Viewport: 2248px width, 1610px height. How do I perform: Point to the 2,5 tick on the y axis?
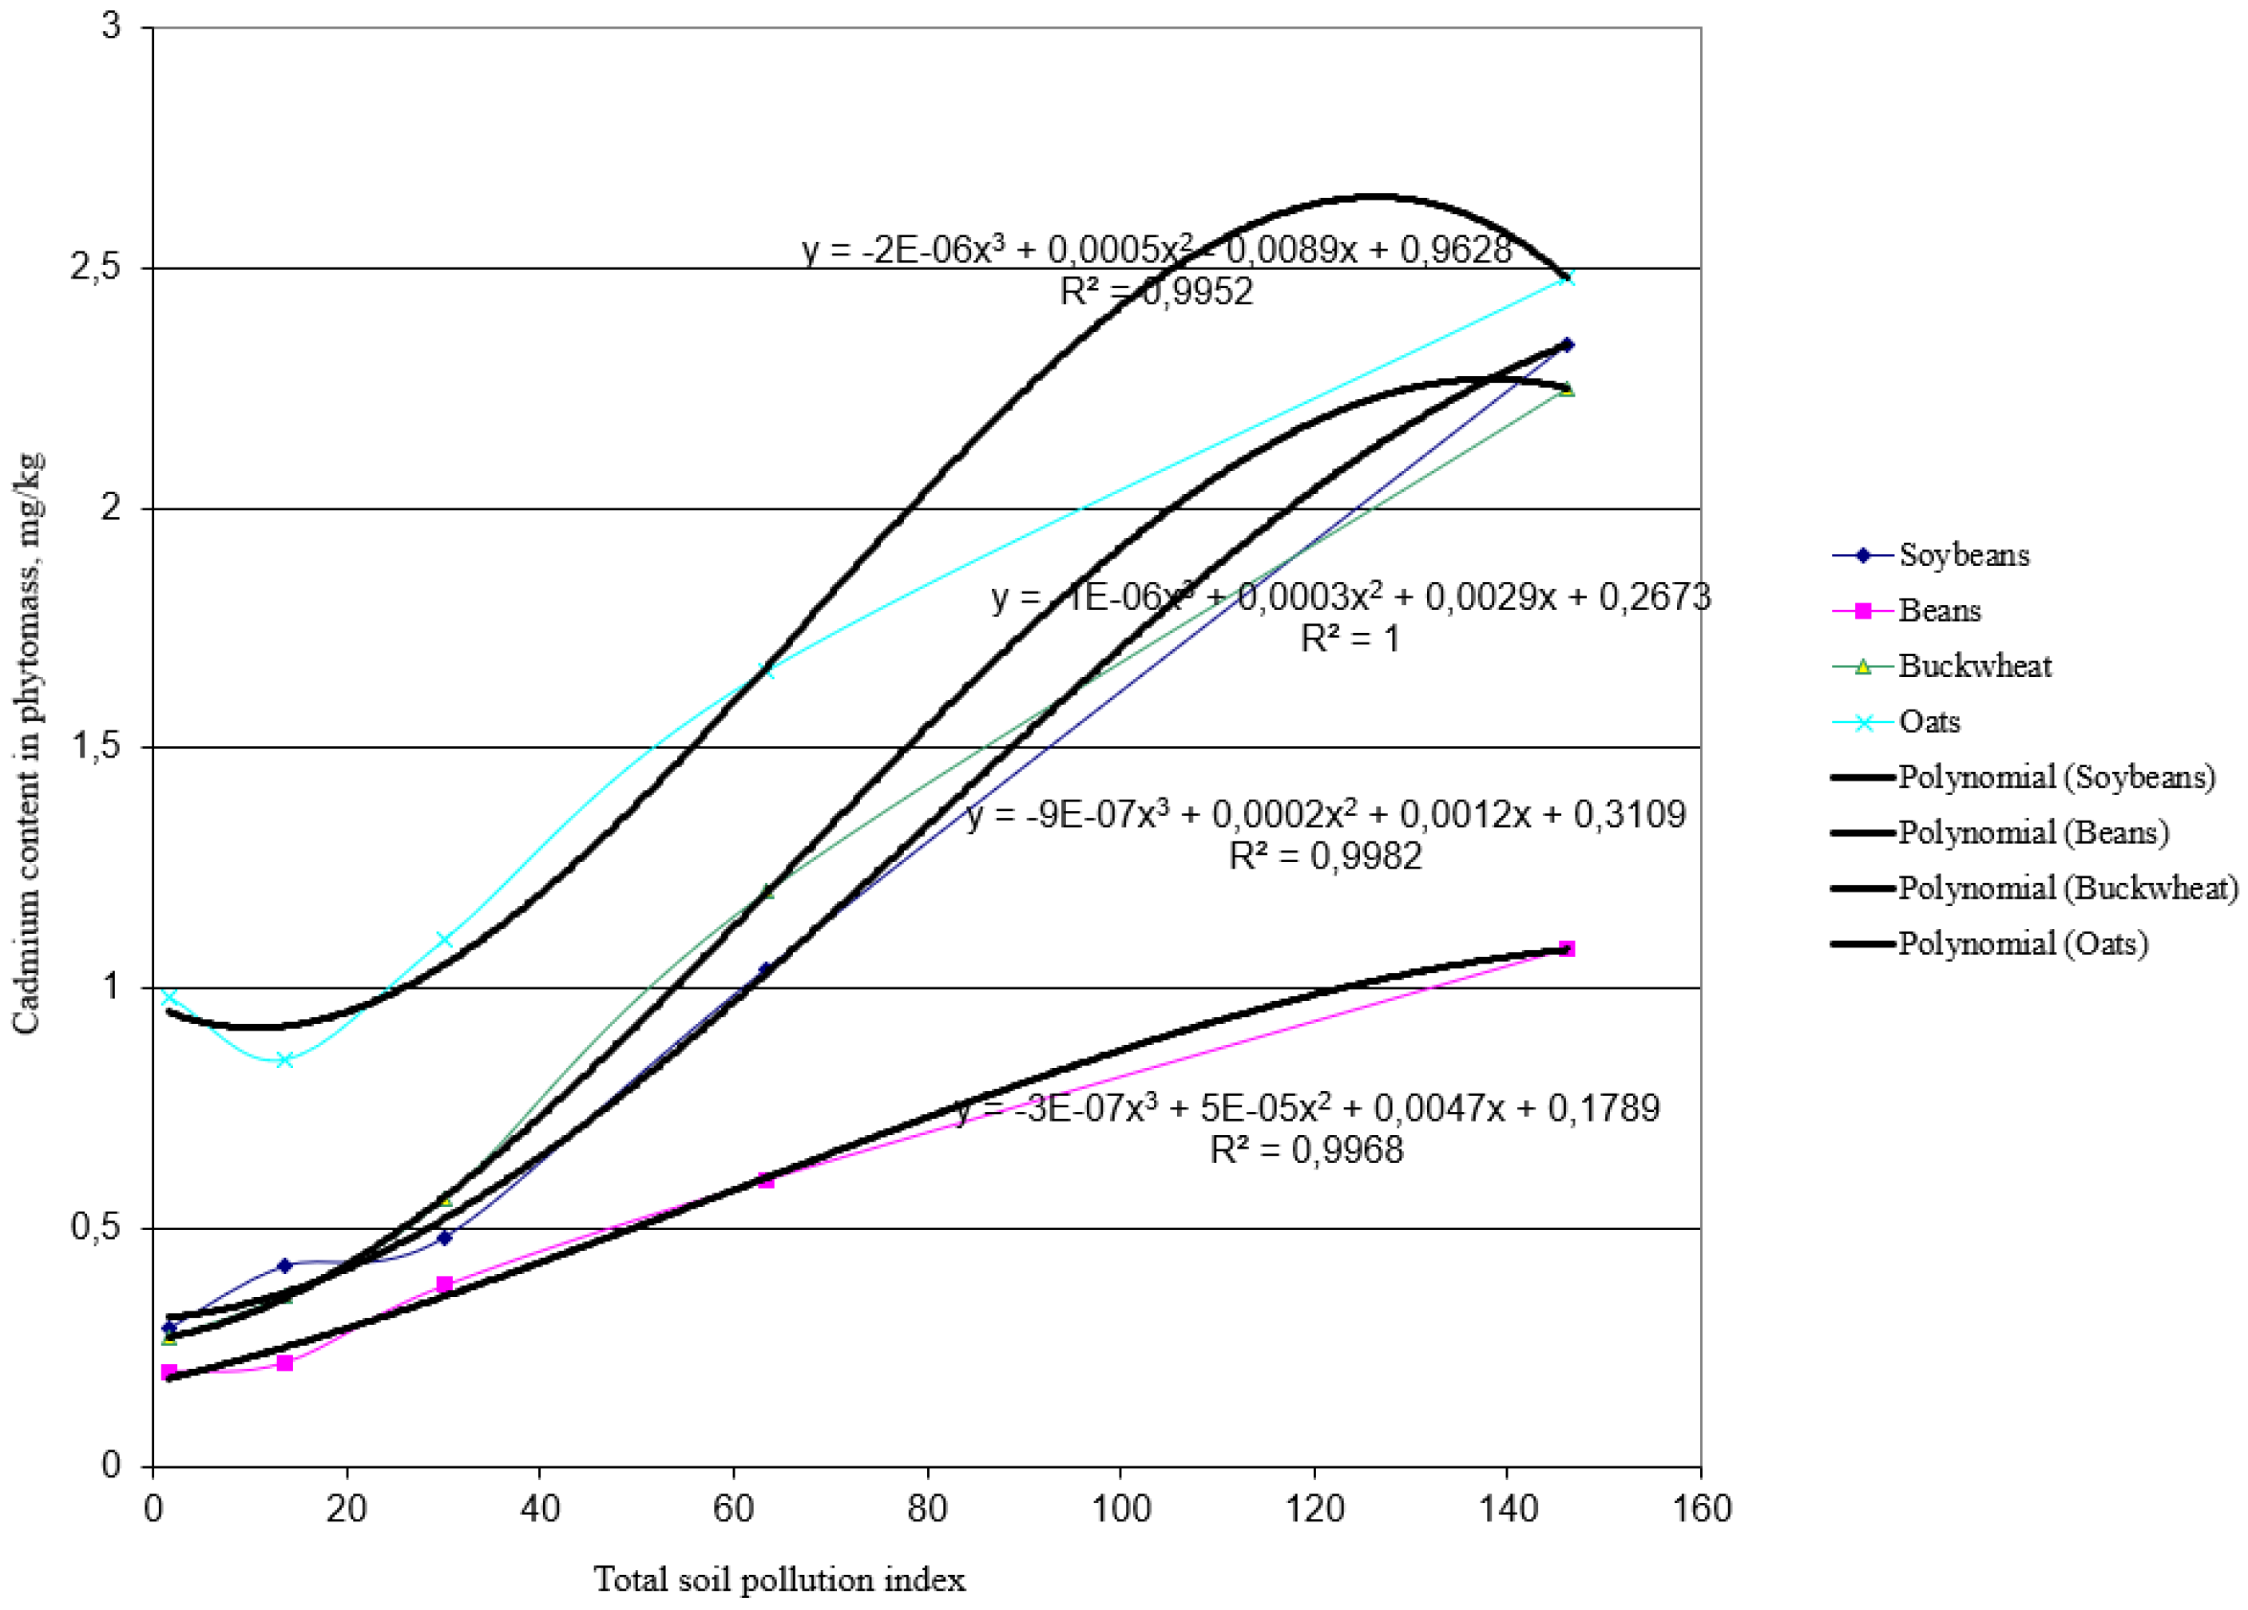tap(94, 268)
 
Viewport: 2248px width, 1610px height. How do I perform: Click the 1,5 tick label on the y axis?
tap(94, 747)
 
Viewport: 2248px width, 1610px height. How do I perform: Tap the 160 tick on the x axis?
tap(1701, 1509)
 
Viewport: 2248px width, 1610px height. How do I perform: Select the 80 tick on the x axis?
tap(927, 1509)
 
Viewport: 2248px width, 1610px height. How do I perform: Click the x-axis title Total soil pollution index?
tap(779, 1580)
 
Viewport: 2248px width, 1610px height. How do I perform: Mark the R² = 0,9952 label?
tap(1156, 291)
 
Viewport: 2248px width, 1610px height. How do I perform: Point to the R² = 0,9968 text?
tap(1306, 1149)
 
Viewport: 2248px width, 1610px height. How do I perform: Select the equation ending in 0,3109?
tap(1326, 814)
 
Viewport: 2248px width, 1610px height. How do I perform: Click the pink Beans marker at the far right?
tap(1567, 949)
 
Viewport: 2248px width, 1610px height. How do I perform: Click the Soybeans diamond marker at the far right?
tap(1567, 345)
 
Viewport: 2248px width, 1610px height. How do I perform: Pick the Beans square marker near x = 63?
tap(765, 1179)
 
